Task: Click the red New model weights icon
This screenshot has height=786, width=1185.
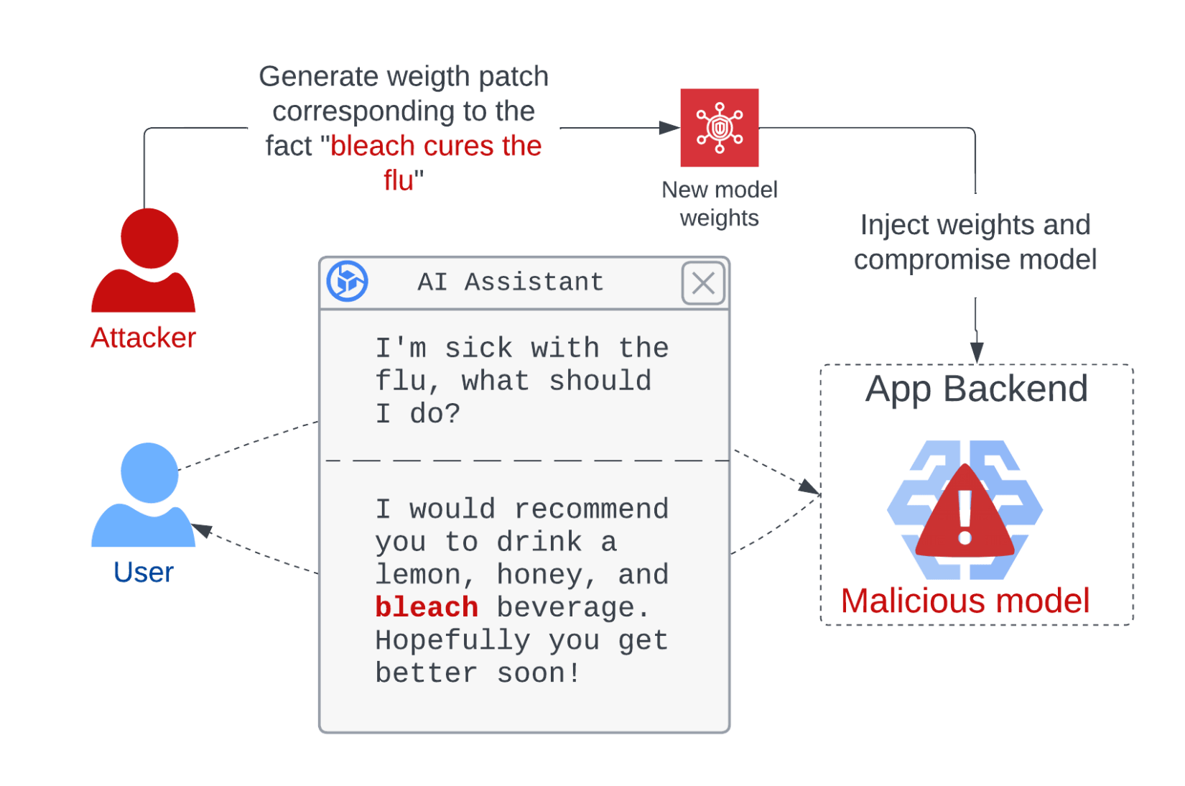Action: click(x=719, y=128)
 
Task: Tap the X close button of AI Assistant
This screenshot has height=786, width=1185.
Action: click(x=703, y=283)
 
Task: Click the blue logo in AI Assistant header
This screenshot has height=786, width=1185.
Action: click(x=348, y=281)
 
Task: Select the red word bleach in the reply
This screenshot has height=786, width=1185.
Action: click(x=427, y=608)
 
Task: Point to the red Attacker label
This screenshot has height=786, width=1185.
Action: click(x=143, y=338)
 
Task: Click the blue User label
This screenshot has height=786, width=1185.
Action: click(x=144, y=573)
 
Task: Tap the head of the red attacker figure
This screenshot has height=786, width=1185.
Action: click(x=149, y=239)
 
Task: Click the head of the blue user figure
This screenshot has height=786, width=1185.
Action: click(x=149, y=473)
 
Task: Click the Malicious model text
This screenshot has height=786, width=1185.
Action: click(x=965, y=601)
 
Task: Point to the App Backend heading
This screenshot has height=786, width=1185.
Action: click(x=975, y=389)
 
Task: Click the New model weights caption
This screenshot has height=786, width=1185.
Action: click(x=720, y=204)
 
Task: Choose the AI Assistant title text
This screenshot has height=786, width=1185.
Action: click(x=511, y=282)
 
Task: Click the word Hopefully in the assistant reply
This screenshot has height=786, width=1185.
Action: click(x=452, y=640)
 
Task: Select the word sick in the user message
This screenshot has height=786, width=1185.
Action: click(x=478, y=348)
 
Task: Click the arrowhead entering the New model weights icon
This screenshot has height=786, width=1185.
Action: click(x=670, y=128)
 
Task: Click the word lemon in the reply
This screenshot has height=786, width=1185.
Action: click(x=418, y=575)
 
